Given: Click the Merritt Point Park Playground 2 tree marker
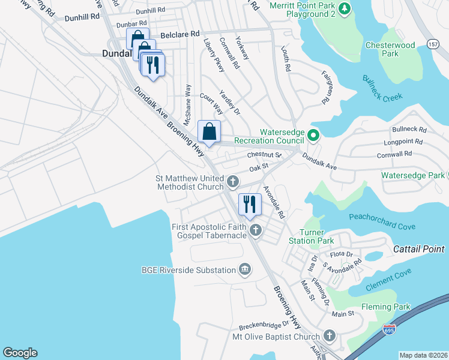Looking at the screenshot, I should [x=344, y=8].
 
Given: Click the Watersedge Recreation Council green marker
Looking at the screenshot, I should [x=312, y=136].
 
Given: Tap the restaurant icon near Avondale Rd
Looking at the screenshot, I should [x=250, y=205].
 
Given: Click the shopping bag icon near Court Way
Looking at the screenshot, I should [x=209, y=131].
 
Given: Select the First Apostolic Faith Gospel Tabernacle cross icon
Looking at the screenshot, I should [x=256, y=229].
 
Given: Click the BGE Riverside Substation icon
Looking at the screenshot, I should [x=244, y=269].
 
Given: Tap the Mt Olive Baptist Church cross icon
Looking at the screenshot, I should [x=328, y=336].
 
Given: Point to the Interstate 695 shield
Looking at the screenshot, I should [x=389, y=329].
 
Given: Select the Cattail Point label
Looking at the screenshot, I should [x=418, y=249].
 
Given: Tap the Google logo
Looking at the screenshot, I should [x=20, y=352].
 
